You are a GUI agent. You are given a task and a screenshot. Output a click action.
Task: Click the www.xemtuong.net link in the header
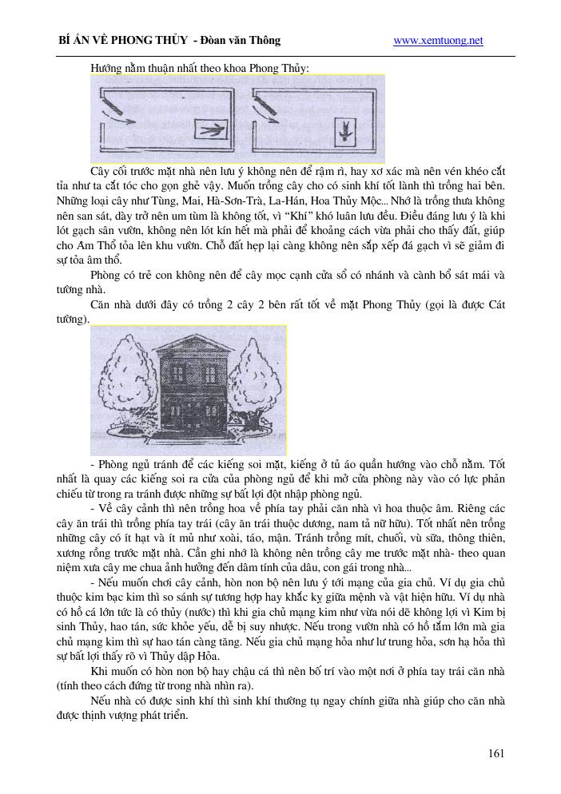click(438, 41)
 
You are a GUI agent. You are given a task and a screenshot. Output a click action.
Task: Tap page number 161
click(495, 752)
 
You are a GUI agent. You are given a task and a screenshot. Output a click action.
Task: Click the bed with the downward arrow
click(344, 129)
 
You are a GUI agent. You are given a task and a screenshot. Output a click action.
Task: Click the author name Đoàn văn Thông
click(242, 41)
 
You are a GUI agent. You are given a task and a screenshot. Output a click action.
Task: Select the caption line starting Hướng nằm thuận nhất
click(199, 68)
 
